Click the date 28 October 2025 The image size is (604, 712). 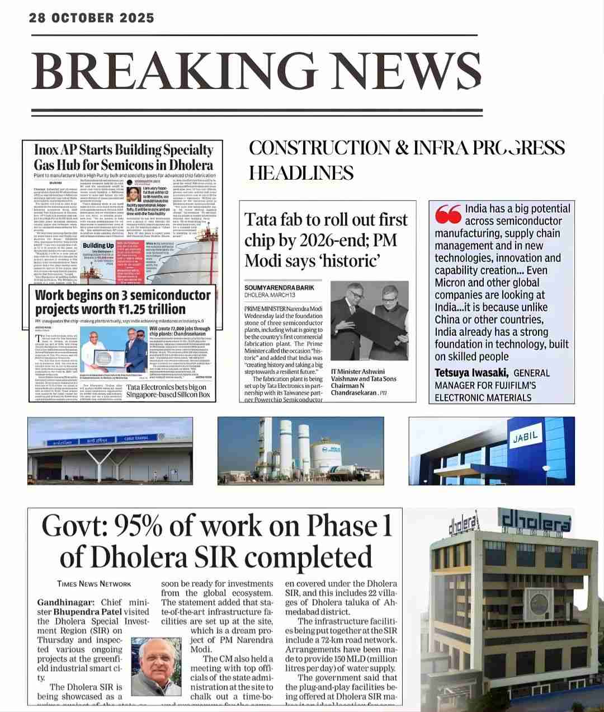click(x=92, y=18)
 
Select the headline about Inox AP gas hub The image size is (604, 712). click(x=124, y=157)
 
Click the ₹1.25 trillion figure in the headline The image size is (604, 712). click(x=150, y=310)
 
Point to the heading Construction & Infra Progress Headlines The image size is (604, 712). click(x=407, y=160)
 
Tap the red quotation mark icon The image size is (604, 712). click(x=447, y=213)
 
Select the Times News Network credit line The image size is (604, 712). click(x=94, y=584)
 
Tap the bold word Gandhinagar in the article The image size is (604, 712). click(x=68, y=602)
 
